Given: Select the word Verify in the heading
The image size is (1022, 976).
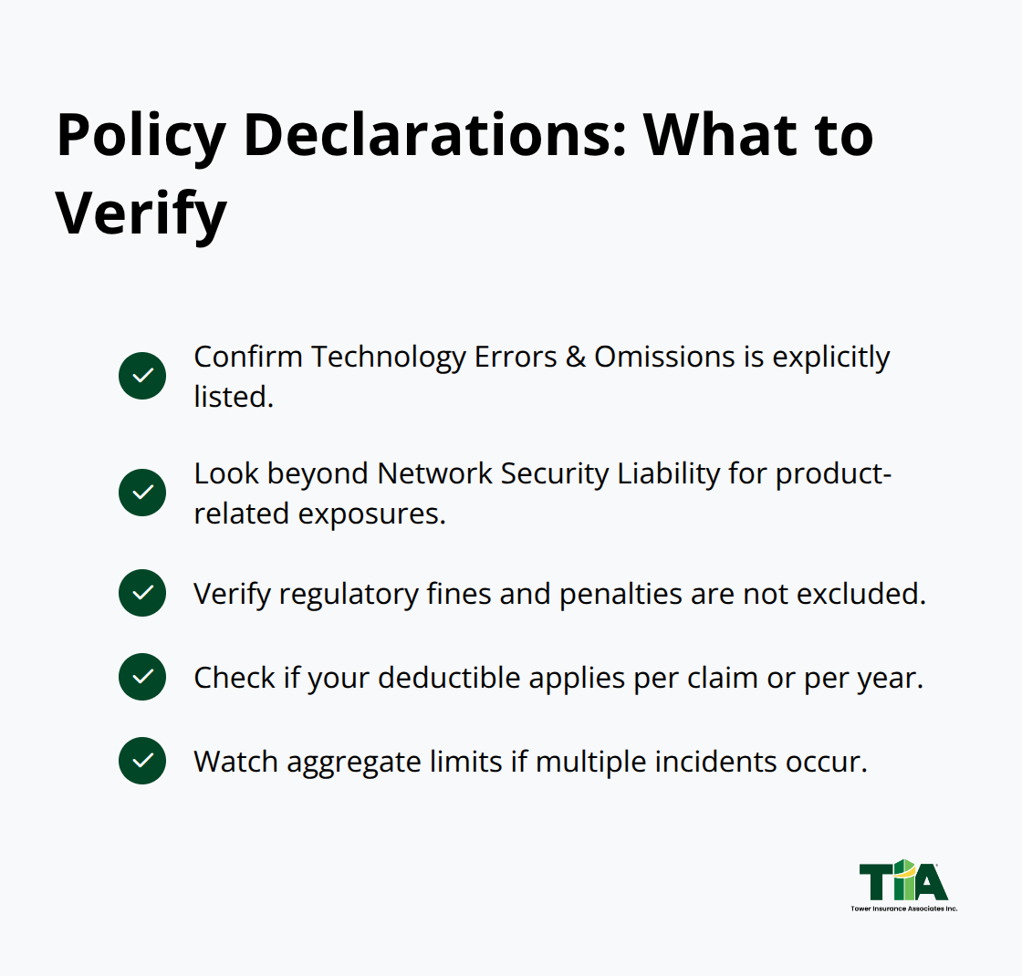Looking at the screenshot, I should pyautogui.click(x=141, y=213).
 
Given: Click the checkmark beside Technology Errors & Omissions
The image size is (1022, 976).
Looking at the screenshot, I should pyautogui.click(x=142, y=376).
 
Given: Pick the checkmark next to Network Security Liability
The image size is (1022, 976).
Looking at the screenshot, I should pyautogui.click(x=142, y=493).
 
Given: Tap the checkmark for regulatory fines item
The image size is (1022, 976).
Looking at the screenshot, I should pyautogui.click(x=142, y=593).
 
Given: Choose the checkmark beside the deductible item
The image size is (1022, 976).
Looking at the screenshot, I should pyautogui.click(x=142, y=677).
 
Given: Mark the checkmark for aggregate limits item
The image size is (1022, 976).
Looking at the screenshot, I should pyautogui.click(x=142, y=761).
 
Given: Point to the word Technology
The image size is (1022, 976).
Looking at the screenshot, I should pyautogui.click(x=388, y=357).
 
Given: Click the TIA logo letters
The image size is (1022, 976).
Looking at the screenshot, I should pyautogui.click(x=903, y=880).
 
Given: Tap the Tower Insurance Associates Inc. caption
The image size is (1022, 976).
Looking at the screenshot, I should pyautogui.click(x=903, y=909).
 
